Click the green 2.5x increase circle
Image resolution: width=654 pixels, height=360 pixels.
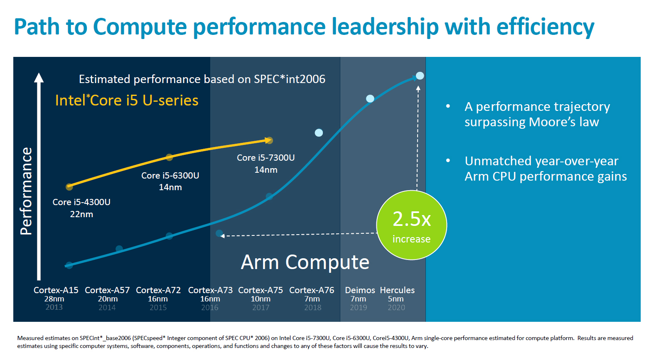pyautogui.click(x=411, y=225)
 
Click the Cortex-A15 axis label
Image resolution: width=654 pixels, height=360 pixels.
pyautogui.click(x=56, y=290)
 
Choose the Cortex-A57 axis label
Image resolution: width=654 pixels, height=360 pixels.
pyautogui.click(x=107, y=290)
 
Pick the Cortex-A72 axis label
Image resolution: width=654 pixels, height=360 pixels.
pyautogui.click(x=158, y=290)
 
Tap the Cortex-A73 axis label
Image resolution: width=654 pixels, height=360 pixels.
pyautogui.click(x=210, y=290)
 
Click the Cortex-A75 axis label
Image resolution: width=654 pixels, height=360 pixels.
pyautogui.click(x=261, y=290)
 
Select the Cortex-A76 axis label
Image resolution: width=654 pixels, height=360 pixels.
pyautogui.click(x=312, y=290)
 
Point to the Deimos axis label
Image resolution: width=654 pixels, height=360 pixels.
pyautogui.click(x=360, y=290)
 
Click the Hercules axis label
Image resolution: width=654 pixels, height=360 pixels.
pyautogui.click(x=397, y=290)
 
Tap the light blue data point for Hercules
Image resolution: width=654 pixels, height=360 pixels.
pyautogui.click(x=420, y=76)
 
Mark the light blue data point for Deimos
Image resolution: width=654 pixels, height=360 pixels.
pyautogui.click(x=370, y=98)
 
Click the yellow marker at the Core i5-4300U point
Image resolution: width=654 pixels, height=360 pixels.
pyautogui.click(x=69, y=187)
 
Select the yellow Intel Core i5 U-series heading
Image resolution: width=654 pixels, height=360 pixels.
pyautogui.click(x=127, y=100)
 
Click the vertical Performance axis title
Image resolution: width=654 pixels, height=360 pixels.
pyautogui.click(x=26, y=191)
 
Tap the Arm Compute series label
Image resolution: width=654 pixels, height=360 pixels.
pyautogui.click(x=305, y=262)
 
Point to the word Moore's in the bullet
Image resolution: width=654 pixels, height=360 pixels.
pyautogui.click(x=552, y=122)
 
